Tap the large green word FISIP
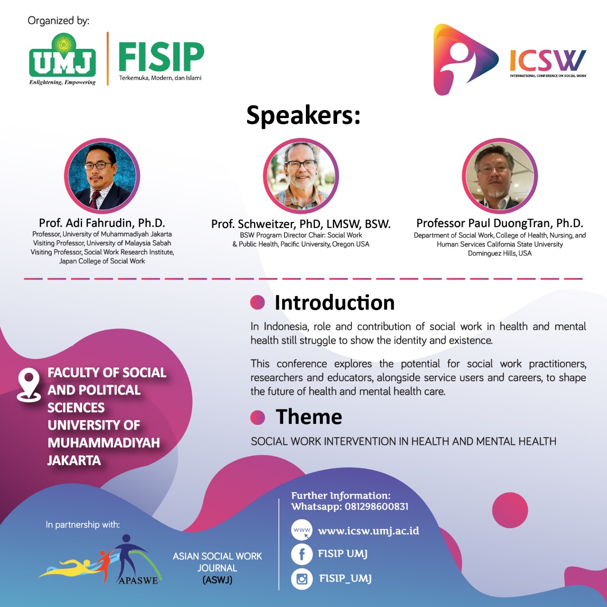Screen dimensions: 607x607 tap(161, 57)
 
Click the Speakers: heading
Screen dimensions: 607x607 tap(303, 116)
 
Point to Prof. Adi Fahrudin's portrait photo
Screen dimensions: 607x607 tap(102, 176)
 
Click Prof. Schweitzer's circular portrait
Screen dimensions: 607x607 tap(301, 176)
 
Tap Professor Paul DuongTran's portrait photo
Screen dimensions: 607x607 tap(499, 176)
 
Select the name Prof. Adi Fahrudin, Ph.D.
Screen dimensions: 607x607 tap(102, 223)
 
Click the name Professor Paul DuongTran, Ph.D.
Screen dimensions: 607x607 tap(500, 223)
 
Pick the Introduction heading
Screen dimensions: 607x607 tap(334, 303)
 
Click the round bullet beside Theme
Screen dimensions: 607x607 tap(258, 418)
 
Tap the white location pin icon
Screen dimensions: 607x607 tap(28, 385)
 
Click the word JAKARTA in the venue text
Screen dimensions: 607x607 tap(74, 460)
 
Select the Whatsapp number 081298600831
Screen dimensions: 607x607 tap(377, 506)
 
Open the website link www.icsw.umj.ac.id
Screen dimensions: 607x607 tap(368, 531)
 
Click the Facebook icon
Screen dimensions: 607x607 tap(302, 554)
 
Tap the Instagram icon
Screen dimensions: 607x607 tap(302, 579)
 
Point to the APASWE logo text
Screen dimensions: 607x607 tap(138, 580)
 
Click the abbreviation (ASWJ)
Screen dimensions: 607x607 tap(217, 580)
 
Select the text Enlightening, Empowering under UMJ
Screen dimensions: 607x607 tap(63, 83)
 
